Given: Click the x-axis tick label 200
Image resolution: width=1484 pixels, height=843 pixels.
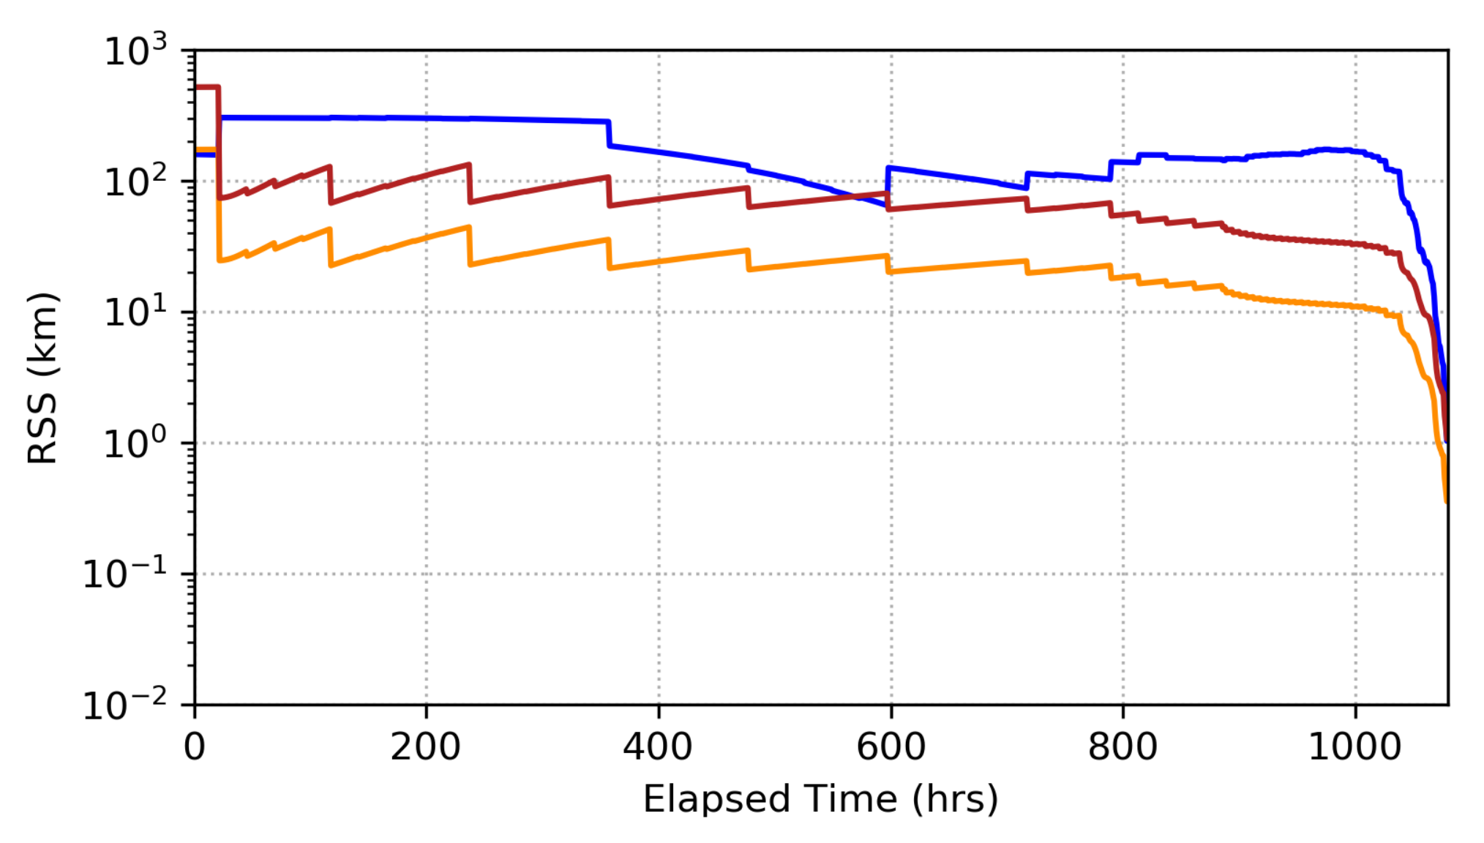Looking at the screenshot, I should [426, 747].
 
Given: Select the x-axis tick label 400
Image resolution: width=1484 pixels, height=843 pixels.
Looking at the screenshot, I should [658, 747].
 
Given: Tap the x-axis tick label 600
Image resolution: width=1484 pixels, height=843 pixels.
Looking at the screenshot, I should [891, 747].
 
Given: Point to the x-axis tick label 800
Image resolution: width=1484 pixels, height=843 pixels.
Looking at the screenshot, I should [1123, 747].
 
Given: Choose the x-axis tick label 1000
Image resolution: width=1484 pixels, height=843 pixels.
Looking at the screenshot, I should [1354, 747].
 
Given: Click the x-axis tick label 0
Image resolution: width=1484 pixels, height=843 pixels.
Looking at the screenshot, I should [195, 747].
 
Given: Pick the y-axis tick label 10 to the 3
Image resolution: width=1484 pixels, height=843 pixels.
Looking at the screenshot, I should [135, 51].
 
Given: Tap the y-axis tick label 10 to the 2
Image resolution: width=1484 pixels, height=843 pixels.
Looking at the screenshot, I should [135, 181].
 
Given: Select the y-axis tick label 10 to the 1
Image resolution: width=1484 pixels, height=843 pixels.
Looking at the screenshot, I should [135, 312].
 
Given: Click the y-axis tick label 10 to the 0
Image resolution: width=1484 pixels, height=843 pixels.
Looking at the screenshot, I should [135, 443].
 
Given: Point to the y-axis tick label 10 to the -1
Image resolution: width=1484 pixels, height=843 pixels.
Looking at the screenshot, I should [124, 574].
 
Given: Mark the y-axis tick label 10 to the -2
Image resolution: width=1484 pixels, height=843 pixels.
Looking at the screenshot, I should [124, 705].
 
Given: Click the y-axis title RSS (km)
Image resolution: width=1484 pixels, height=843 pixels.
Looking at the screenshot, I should [42, 378].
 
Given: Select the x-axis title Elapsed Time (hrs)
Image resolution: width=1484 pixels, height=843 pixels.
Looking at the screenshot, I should [820, 799].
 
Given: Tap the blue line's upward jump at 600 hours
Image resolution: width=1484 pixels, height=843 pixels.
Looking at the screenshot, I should [888, 187].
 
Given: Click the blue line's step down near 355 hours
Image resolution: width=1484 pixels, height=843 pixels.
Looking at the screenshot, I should [609, 134].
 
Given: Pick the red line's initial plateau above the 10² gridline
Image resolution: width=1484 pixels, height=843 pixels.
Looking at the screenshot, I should [206, 87].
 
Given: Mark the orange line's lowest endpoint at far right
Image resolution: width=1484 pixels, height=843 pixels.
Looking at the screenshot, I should [1446, 501].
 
